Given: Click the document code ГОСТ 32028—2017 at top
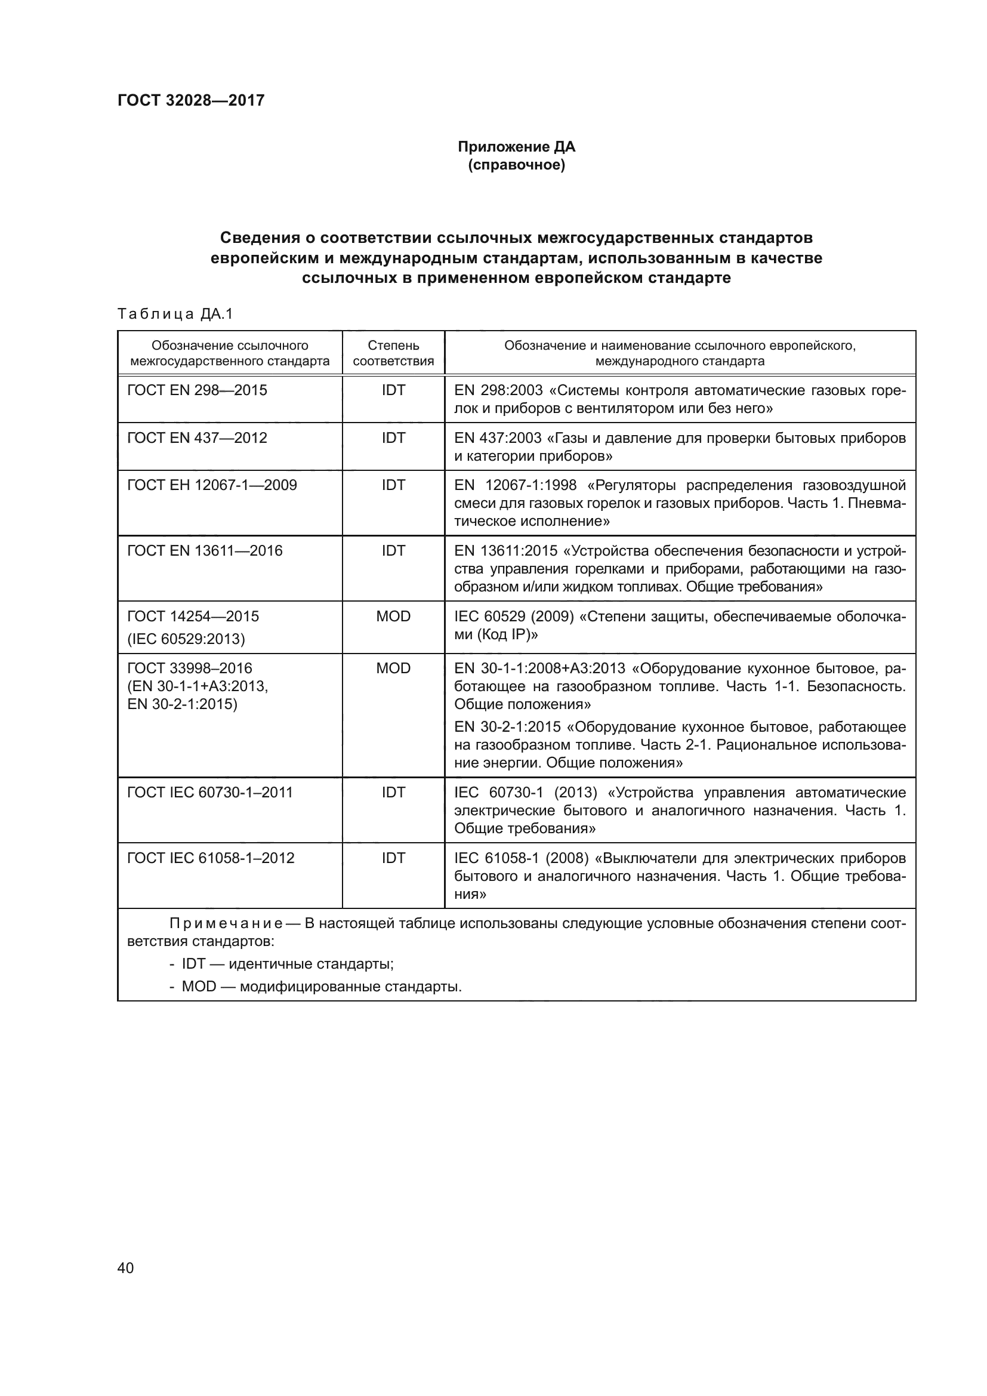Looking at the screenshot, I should point(191,100).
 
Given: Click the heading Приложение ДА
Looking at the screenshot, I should point(516,147).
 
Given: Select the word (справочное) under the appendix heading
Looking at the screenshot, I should point(516,165).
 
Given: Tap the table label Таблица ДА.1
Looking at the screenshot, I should point(175,315).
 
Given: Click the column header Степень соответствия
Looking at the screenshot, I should point(393,353).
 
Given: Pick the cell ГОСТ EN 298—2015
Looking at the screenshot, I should point(197,390).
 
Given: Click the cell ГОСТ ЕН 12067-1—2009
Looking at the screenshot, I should point(211,485).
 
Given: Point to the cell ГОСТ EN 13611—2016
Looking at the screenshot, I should point(205,551).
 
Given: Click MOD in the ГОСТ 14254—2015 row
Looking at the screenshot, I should point(393,617).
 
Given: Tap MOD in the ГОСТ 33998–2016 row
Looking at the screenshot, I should point(393,668).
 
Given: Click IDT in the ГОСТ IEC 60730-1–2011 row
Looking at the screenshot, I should point(393,793).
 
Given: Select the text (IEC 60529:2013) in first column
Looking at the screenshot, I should point(186,639).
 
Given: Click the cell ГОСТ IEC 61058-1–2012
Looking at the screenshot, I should point(210,858).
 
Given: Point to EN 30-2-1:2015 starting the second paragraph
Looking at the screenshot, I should point(507,727).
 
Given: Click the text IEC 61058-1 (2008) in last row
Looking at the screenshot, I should point(522,858).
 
